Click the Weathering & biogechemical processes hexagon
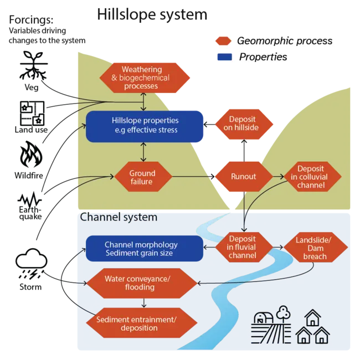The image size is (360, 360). pos(145,78)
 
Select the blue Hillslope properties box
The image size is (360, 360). pos(145,126)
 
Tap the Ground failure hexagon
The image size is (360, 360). pos(143,177)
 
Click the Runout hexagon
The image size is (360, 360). pos(244,177)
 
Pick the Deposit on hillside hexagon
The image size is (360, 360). pos(244,124)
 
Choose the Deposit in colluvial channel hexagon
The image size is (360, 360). pos(313,177)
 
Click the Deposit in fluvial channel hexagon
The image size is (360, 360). pos(244,247)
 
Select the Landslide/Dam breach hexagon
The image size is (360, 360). pos(316,247)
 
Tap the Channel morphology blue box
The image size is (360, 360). pos(145,249)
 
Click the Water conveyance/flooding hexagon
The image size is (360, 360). pos(142,284)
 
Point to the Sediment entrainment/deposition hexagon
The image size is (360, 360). pos(142,323)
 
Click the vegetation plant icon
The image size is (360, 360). pos(34,65)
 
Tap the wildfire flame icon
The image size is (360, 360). pos(31,155)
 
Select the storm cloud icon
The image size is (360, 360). pos(32,264)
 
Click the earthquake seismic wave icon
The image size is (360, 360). pos(29,200)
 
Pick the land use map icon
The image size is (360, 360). pos(32,113)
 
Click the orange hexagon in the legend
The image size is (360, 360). pos(223,41)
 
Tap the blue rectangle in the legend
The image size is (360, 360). pos(224,57)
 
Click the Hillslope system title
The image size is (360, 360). pos(152,14)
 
